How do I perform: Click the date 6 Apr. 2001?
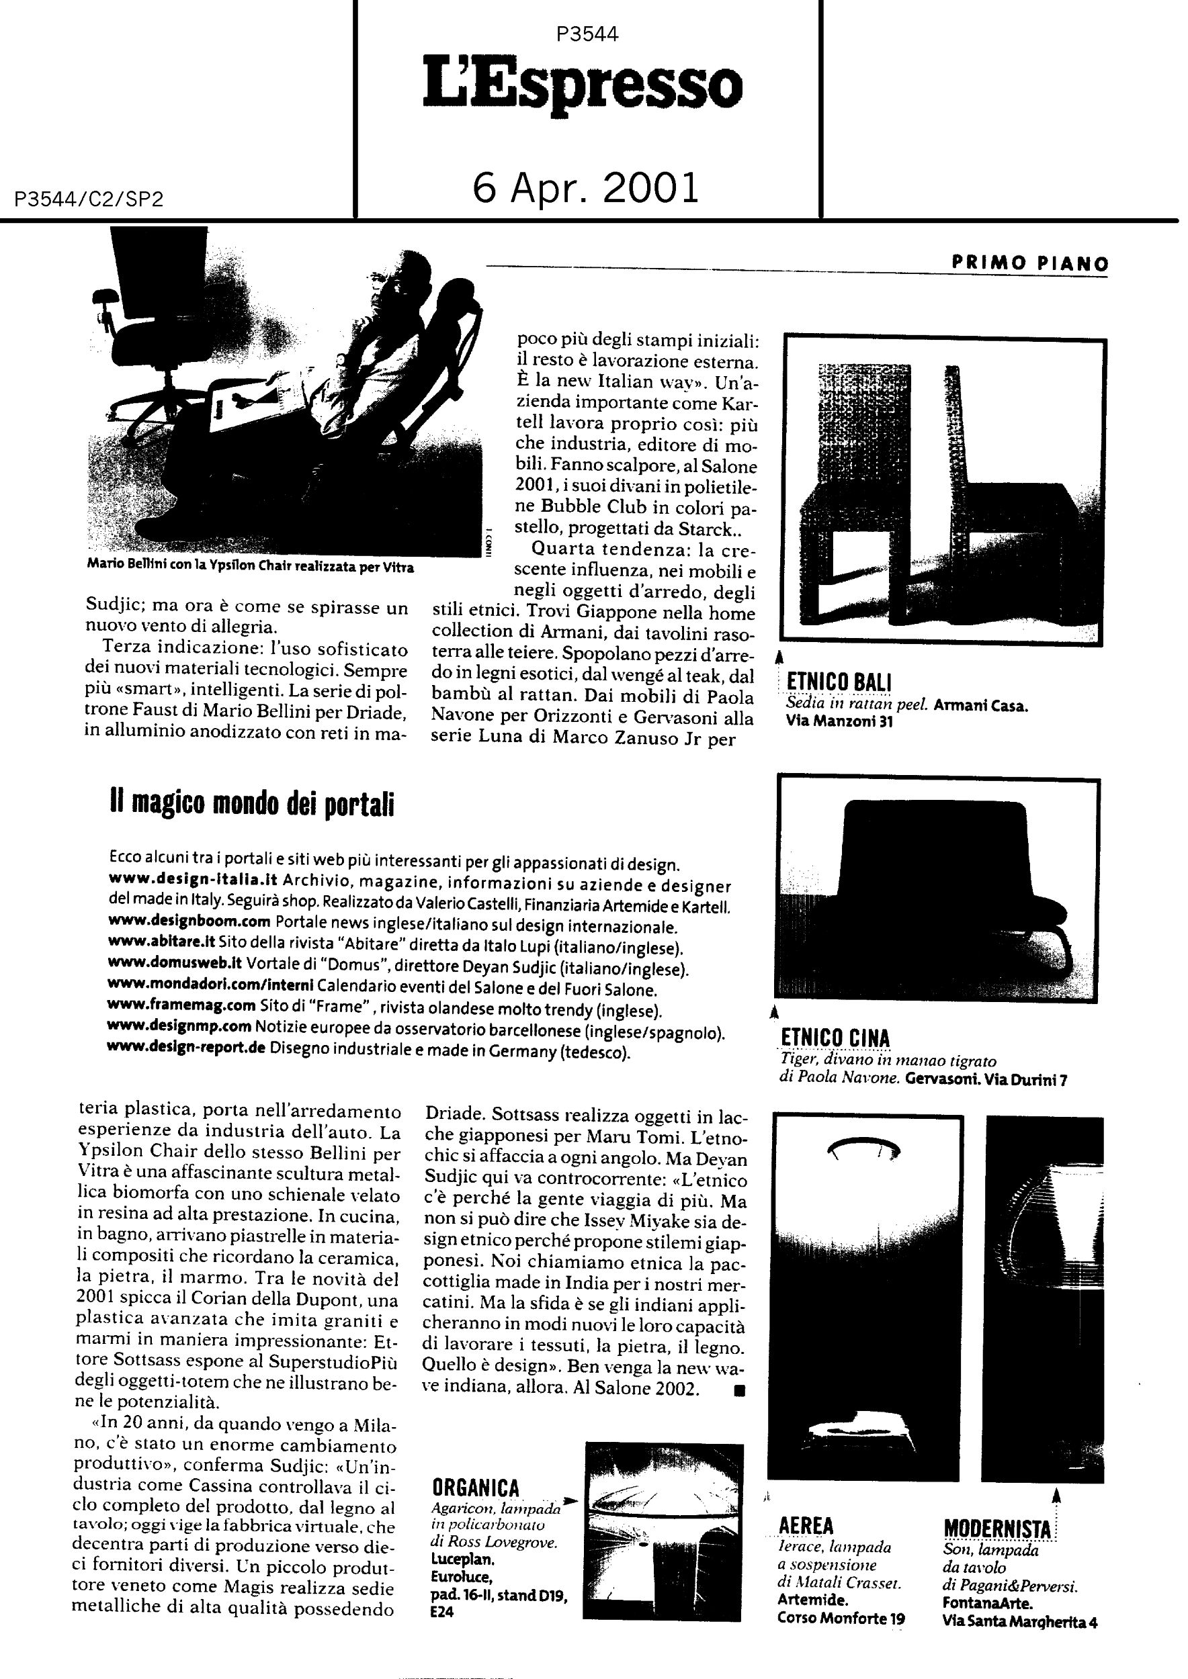click(x=586, y=187)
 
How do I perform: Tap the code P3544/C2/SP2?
click(x=88, y=199)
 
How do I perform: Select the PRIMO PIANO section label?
click(x=1030, y=264)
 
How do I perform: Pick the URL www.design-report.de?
click(x=187, y=1047)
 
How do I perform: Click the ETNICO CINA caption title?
click(x=835, y=1038)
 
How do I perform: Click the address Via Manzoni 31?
click(x=839, y=723)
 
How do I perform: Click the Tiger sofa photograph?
click(x=937, y=891)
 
